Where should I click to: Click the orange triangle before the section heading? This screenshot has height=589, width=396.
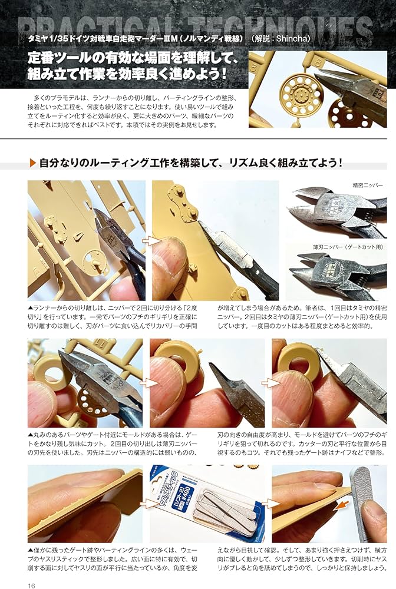[32, 163]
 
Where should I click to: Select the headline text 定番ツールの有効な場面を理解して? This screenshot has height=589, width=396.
[124, 58]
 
